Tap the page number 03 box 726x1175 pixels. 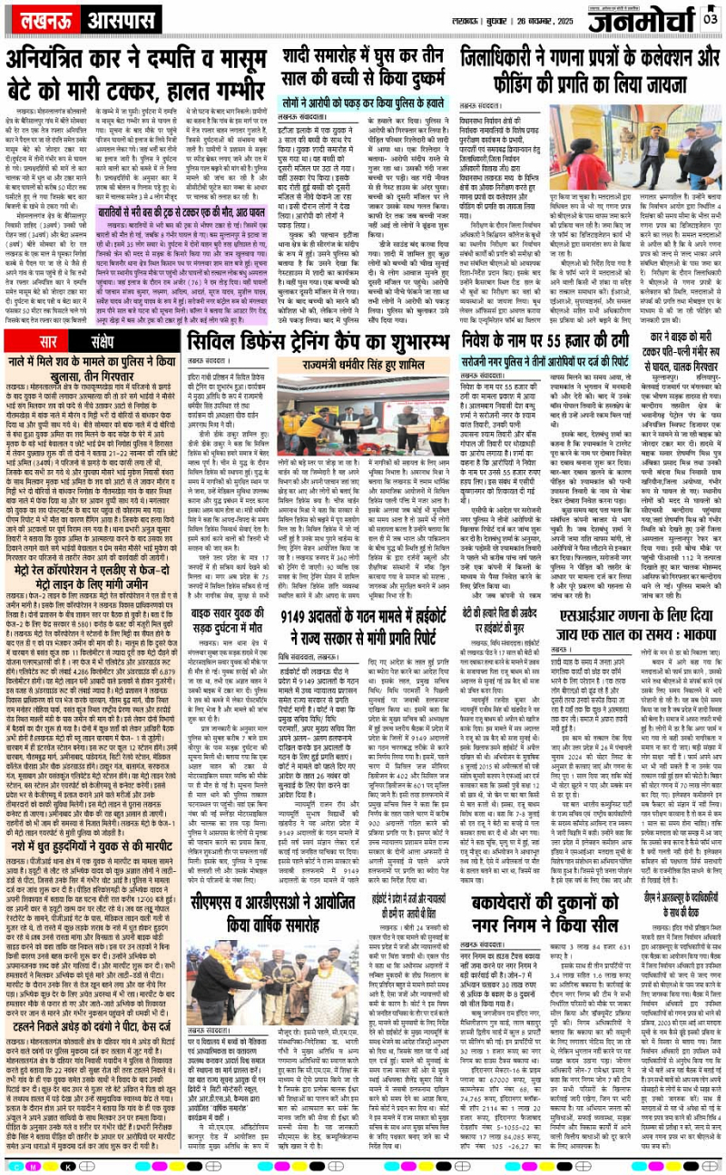point(711,17)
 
